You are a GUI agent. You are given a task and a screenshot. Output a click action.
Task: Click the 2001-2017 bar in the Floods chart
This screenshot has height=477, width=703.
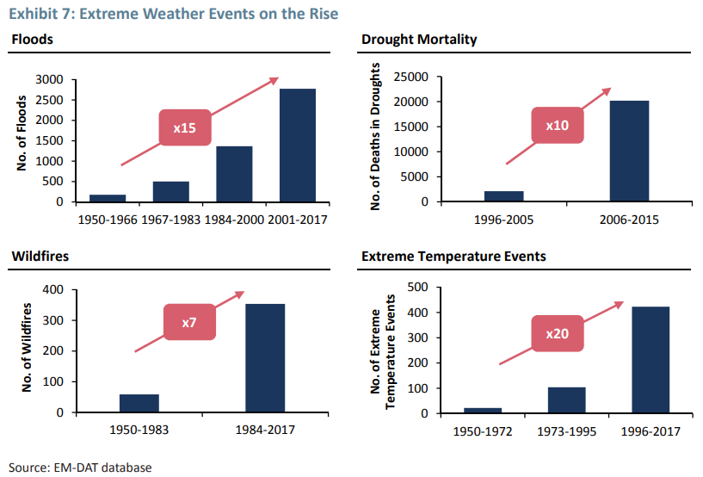tap(297, 146)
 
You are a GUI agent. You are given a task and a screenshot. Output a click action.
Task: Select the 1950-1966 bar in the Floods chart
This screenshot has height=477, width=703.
tap(108, 198)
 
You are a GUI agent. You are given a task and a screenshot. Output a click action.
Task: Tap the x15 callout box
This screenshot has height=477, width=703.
tap(184, 128)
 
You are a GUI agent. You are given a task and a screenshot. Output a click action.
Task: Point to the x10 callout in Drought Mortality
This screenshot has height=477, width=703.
tap(557, 126)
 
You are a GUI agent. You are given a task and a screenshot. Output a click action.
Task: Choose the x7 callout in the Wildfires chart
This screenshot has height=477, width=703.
tap(189, 323)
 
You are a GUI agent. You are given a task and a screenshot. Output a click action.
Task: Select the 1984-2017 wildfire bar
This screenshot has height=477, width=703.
tap(265, 358)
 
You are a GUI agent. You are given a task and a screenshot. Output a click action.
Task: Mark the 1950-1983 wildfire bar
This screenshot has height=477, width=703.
tap(139, 403)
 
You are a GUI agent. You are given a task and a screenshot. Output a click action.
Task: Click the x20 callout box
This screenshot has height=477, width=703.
tap(557, 333)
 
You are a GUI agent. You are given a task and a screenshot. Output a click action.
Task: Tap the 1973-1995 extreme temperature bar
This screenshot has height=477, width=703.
tap(566, 400)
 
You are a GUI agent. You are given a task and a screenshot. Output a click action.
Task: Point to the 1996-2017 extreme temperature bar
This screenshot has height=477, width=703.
tap(651, 360)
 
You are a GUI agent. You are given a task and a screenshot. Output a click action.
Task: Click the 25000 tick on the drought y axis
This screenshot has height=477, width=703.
tap(413, 77)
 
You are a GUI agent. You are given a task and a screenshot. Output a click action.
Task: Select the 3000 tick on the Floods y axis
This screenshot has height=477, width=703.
tap(48, 79)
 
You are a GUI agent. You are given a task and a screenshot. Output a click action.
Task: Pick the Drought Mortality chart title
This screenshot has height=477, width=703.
tap(419, 40)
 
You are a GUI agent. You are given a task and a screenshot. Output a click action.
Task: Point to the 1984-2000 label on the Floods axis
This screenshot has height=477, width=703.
tap(234, 220)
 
